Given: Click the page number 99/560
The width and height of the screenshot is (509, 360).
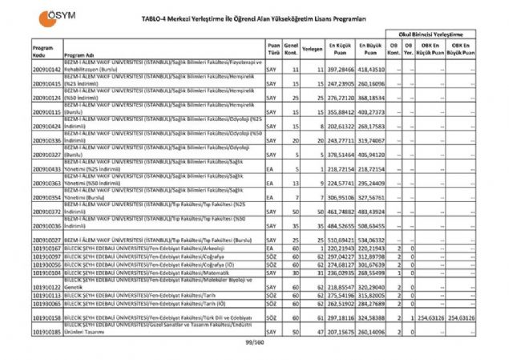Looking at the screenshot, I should (254, 342).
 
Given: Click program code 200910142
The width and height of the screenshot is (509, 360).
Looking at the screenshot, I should (47, 71).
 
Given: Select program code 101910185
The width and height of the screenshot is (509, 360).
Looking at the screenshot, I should (47, 330).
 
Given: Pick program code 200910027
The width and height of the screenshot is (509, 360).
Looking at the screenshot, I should (47, 240).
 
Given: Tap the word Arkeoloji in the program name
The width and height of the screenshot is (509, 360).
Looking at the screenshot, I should (227, 249).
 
